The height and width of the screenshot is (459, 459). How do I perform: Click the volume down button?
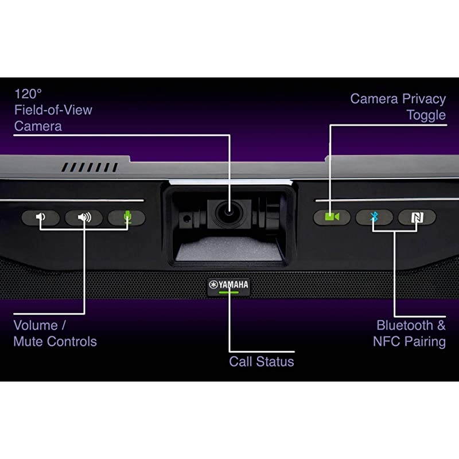pos(41,217)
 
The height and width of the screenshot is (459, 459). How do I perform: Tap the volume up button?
pos(84,217)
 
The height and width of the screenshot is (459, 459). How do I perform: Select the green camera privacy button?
pos(332,217)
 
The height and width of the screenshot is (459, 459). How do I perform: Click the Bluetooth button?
pos(374,217)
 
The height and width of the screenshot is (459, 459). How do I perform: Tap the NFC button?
pos(417,217)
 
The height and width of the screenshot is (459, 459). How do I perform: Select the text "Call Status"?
pos(261,361)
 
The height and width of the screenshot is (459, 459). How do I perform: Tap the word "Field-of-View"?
pos(53,110)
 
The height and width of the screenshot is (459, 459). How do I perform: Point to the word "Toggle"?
pos(426,115)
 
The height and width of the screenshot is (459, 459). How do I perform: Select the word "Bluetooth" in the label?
pos(404,325)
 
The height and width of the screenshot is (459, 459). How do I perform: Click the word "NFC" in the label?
pos(387,342)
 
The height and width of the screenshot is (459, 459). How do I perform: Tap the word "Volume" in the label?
pos(36,325)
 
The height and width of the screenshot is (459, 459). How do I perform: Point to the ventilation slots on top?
pos(90,168)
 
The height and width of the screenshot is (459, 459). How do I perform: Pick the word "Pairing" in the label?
pos(425,342)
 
